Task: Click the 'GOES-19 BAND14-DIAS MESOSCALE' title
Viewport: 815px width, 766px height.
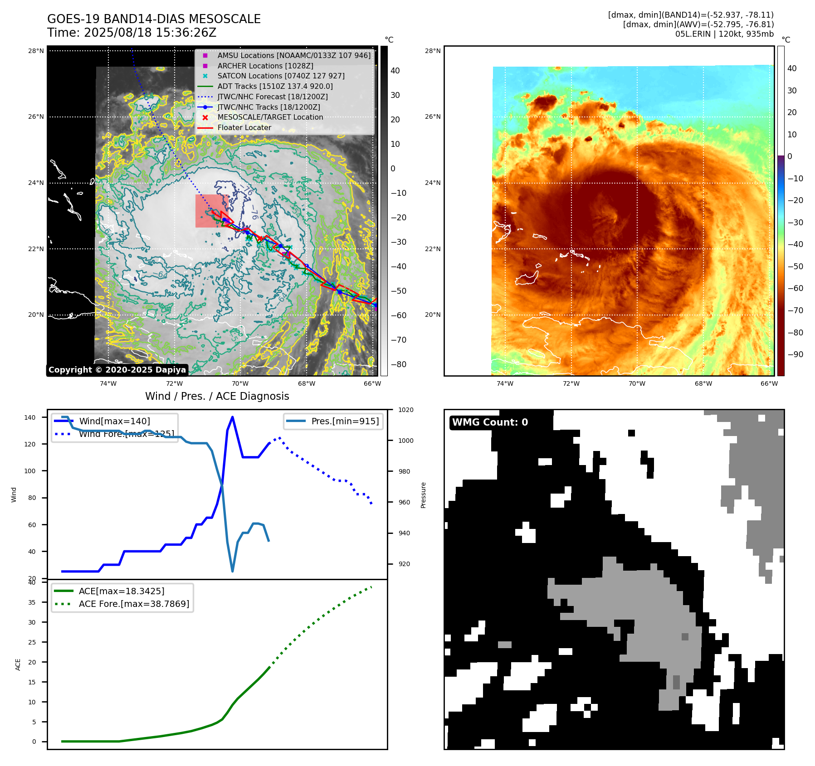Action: click(154, 19)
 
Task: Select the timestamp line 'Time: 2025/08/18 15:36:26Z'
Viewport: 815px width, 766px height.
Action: click(132, 33)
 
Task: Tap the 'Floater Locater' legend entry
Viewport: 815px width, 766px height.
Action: click(244, 127)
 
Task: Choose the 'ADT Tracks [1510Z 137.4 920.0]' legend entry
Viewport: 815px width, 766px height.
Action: click(275, 86)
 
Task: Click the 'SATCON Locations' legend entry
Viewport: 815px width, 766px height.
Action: click(281, 76)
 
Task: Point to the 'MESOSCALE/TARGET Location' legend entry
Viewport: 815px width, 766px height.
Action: click(270, 117)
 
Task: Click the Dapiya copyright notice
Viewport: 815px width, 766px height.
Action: click(117, 370)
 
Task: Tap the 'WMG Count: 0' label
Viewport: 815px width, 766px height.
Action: click(490, 422)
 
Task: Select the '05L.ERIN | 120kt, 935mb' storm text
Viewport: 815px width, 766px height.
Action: click(724, 34)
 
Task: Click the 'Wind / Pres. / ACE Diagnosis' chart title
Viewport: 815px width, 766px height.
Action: click(217, 396)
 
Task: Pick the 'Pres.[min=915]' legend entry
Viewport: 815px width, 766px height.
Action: click(345, 421)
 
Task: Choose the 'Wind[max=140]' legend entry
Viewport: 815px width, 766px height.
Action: click(114, 421)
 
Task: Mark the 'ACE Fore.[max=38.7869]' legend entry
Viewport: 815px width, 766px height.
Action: click(134, 604)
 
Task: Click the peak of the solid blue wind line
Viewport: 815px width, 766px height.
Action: click(233, 417)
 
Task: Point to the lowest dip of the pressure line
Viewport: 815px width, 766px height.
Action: click(233, 571)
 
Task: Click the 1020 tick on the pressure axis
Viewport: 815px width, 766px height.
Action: click(405, 410)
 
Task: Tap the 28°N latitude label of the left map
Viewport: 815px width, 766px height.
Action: click(36, 51)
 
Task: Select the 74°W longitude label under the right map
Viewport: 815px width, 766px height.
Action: click(505, 383)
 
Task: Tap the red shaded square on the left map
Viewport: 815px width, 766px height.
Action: click(212, 211)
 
